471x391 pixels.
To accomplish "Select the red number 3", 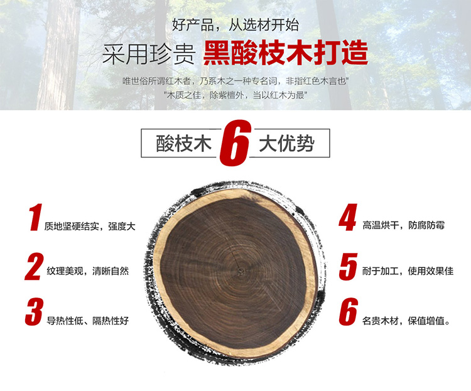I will tap(34, 313).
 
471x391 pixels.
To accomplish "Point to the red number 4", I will tap(348, 218).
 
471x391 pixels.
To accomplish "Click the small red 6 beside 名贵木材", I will tap(348, 313).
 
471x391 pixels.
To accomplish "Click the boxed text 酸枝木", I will tap(182, 144).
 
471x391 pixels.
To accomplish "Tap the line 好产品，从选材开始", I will tap(235, 26).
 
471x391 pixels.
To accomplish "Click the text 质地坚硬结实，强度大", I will tap(90, 226).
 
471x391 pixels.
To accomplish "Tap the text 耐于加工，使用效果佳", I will tap(408, 271).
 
